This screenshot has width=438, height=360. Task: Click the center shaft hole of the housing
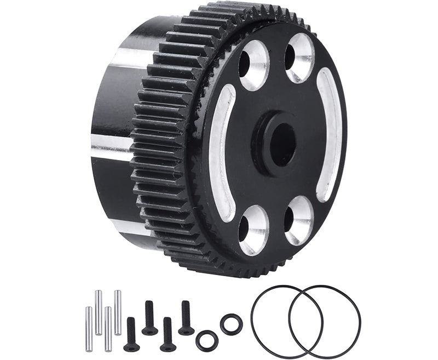click(283, 144)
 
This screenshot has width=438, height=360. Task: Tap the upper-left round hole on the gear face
click(253, 64)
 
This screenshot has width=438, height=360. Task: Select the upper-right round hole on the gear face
click(300, 58)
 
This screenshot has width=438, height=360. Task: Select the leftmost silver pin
click(89, 329)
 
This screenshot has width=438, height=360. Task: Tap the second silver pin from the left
click(99, 313)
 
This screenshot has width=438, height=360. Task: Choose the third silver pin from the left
click(108, 329)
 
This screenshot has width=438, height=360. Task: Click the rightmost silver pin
click(118, 313)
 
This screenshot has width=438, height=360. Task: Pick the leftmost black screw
click(131, 334)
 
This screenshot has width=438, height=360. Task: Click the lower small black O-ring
click(207, 340)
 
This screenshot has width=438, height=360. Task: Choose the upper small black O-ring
click(231, 324)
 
